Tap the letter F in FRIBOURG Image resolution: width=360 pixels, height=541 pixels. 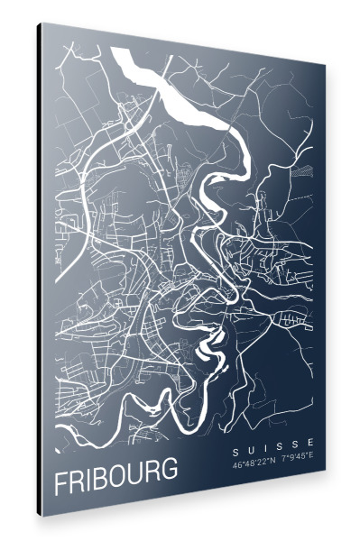pos(60,482)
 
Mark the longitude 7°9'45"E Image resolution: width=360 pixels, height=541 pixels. pos(295,455)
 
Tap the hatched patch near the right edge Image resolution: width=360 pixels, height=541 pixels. pos(310,167)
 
